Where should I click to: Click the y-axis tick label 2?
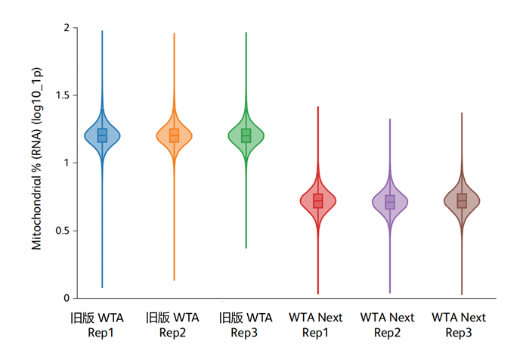click(66, 28)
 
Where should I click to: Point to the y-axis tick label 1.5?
click(61, 95)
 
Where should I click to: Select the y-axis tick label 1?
click(66, 163)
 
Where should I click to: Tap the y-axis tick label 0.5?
click(61, 231)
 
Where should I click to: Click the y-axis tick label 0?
click(66, 298)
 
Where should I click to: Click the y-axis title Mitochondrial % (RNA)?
click(36, 163)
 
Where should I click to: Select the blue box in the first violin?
click(102, 135)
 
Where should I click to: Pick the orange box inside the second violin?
click(174, 135)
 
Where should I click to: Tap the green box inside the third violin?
click(246, 135)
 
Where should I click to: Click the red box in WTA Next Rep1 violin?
click(318, 201)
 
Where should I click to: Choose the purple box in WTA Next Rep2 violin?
click(390, 202)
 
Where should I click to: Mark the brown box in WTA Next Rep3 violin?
click(462, 201)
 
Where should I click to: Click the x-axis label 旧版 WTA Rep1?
click(102, 324)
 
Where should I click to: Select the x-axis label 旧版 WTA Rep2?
click(174, 324)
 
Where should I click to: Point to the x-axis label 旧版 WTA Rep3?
click(246, 324)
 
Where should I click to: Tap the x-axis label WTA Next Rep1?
click(317, 324)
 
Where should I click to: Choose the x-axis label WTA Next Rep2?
click(389, 324)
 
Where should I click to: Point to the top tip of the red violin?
click(318, 107)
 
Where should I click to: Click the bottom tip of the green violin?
click(246, 247)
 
